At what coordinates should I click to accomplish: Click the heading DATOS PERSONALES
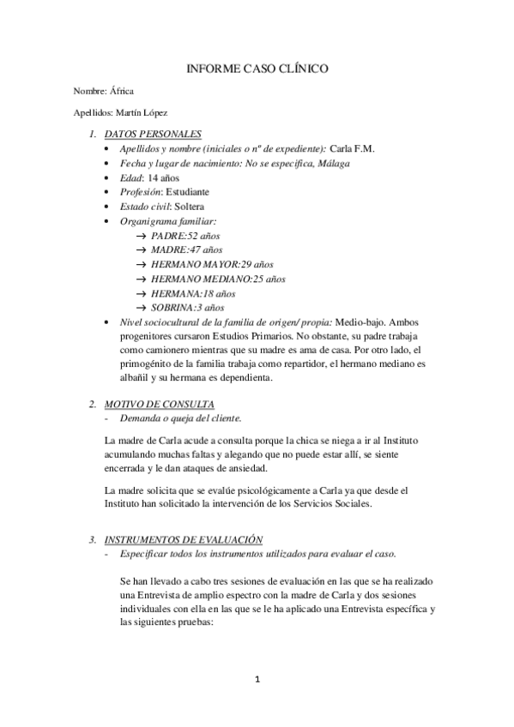click(x=153, y=134)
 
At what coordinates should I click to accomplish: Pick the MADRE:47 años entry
click(x=187, y=249)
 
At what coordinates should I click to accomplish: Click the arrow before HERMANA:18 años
click(x=142, y=293)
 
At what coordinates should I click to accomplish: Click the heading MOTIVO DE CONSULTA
click(x=159, y=404)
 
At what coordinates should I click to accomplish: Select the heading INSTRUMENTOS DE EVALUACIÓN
click(x=182, y=539)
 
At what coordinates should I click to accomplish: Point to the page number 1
click(x=257, y=680)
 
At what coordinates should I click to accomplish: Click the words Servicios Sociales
click(x=330, y=504)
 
